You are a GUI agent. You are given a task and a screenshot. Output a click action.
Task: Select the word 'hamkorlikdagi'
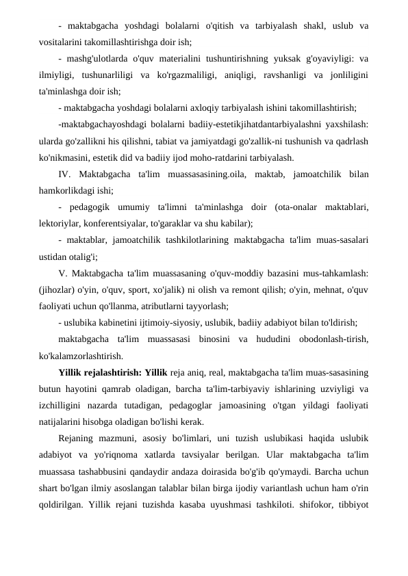71,190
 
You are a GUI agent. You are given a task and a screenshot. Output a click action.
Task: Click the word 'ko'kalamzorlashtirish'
81,355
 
